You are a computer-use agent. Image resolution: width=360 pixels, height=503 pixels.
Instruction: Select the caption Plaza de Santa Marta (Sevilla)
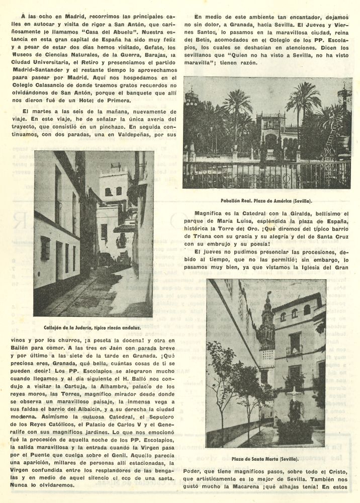[265, 458]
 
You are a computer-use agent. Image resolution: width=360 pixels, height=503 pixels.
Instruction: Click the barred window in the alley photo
[45, 248]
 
